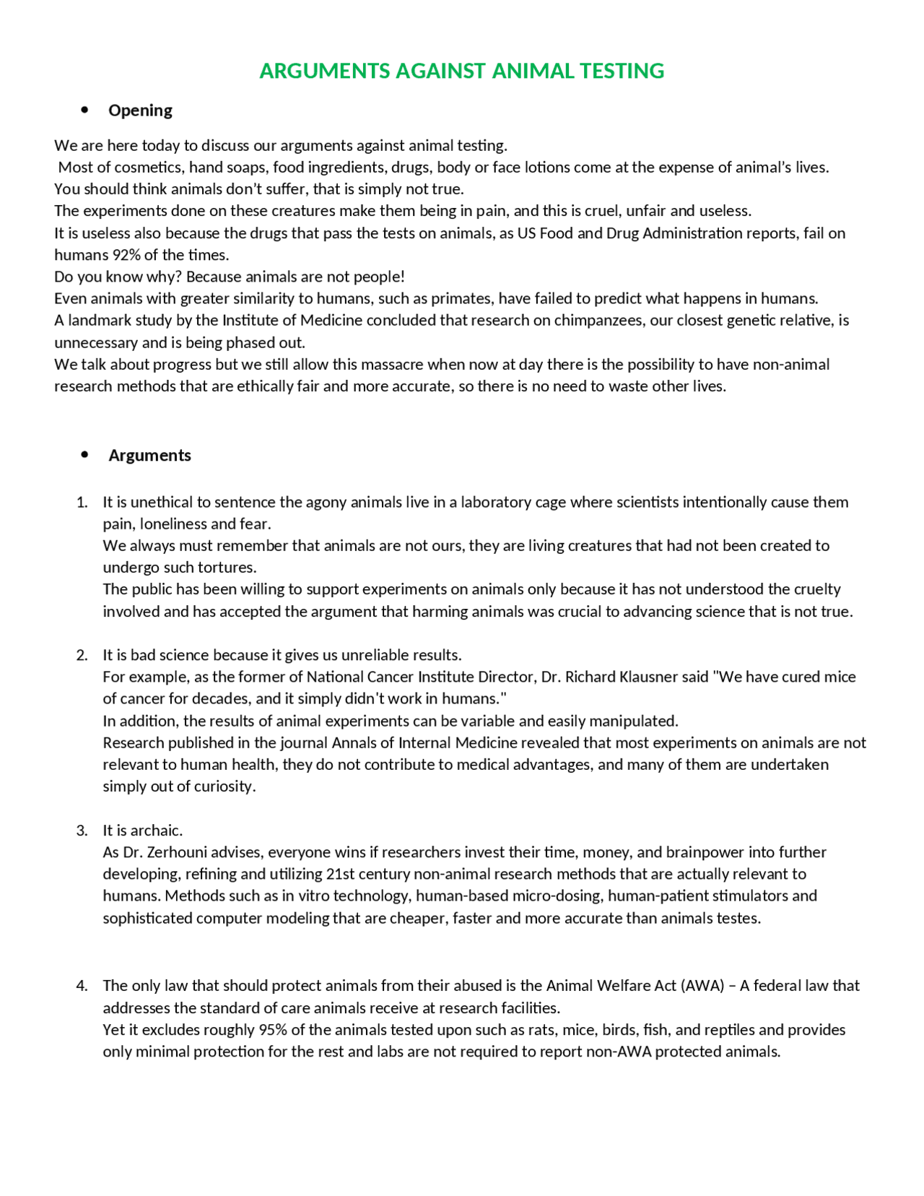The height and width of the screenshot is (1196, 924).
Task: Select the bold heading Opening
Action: pos(140,110)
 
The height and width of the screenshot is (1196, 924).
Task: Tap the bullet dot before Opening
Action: pos(85,110)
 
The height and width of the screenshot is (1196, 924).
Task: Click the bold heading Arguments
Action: pos(149,455)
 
